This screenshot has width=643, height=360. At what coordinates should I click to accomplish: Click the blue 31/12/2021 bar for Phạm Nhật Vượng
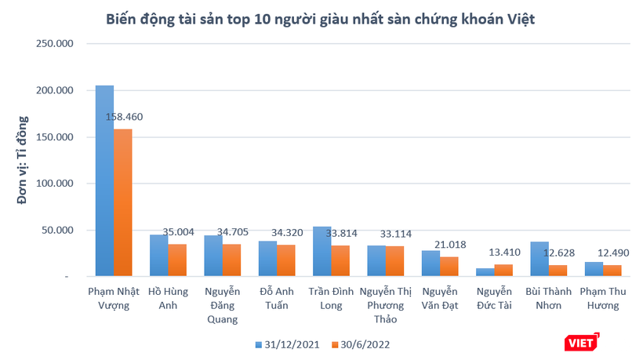coord(104,180)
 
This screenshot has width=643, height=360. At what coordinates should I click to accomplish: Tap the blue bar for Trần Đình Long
coord(321,251)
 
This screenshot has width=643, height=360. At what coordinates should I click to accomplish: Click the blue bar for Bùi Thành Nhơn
coord(539,259)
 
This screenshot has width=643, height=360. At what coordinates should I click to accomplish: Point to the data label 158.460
coord(124,118)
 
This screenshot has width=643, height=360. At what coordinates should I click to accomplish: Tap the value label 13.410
coord(505,252)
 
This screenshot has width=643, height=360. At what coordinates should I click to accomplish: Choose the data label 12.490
coord(613,253)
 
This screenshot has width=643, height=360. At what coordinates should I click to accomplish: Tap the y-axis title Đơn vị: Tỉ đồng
coord(23,161)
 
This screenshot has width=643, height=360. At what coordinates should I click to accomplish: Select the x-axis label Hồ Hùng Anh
coord(168,298)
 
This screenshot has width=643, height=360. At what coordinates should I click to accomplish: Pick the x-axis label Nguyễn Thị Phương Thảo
coord(386,305)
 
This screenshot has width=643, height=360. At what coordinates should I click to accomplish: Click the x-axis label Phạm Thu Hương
coord(604,298)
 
